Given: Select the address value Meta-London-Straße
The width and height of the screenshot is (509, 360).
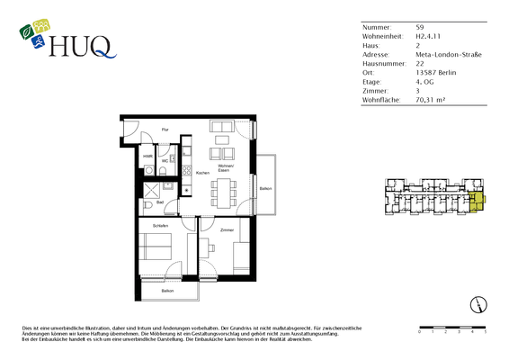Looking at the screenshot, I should pos(449,54).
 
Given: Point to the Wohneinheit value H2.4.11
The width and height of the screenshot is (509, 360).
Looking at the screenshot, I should pos(430,37).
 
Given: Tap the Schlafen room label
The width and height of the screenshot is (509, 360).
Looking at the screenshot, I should pos(161,225).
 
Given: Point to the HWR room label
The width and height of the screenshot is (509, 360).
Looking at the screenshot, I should pos(147,157).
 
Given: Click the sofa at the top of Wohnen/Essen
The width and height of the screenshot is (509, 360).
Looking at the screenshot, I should pos(222,127).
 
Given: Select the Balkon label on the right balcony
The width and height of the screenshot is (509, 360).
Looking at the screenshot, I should pos(265,188).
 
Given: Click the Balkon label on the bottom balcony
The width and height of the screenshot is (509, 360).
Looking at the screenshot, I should pos(167,292).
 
